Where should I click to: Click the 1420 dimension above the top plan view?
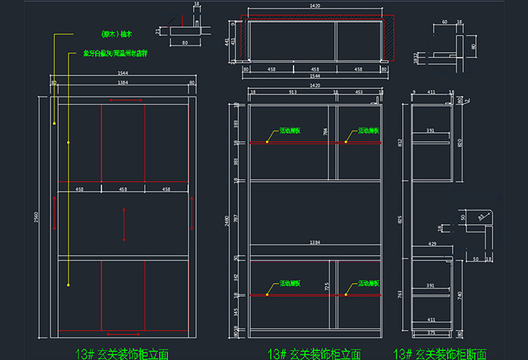(315, 7)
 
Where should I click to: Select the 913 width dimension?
(293, 92)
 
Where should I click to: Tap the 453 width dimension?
(359, 92)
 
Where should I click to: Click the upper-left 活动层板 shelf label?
(290, 131)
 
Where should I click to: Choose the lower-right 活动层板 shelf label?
(367, 283)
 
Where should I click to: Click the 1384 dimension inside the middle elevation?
(315, 243)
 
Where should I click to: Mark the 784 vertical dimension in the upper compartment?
(325, 132)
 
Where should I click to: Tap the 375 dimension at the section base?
(431, 332)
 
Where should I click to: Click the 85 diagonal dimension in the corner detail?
(481, 217)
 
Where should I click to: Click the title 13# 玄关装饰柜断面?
(440, 353)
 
